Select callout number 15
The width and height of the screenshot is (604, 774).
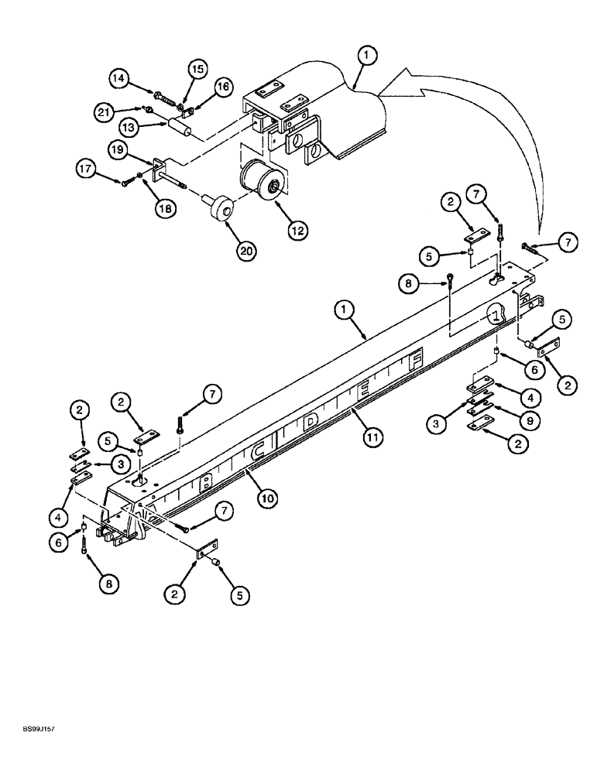click(197, 70)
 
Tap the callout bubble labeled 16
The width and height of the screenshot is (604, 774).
click(223, 87)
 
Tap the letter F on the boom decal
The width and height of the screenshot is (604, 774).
click(417, 360)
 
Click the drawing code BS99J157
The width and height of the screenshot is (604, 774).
click(37, 729)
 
